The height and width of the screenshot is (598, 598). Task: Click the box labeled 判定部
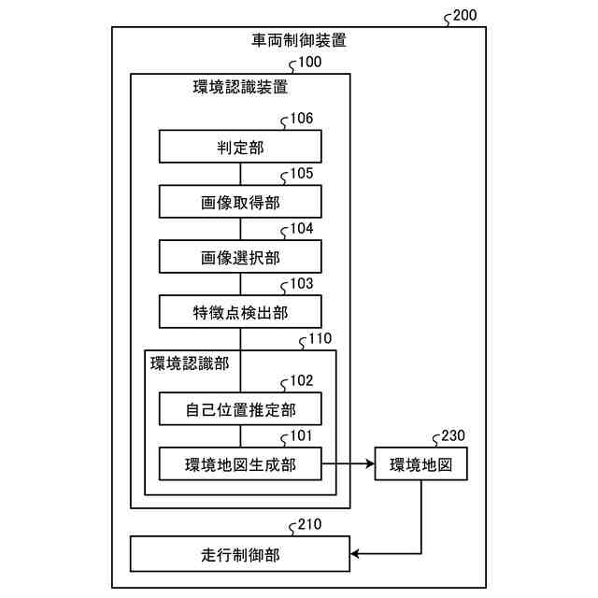click(x=240, y=147)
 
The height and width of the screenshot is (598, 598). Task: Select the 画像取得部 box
click(x=240, y=202)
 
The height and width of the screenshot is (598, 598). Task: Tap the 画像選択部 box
click(x=240, y=256)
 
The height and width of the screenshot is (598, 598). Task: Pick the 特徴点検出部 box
click(x=240, y=311)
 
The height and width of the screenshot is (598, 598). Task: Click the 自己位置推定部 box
click(x=240, y=408)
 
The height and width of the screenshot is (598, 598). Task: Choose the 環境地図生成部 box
click(x=240, y=463)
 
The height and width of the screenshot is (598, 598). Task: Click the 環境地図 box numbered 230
click(x=420, y=463)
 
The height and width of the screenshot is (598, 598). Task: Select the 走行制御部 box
click(x=240, y=554)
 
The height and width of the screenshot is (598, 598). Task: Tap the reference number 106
click(x=301, y=118)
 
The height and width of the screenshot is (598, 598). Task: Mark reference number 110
click(x=319, y=337)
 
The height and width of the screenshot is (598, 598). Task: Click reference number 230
click(x=452, y=434)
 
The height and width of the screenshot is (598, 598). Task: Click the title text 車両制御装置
click(x=299, y=41)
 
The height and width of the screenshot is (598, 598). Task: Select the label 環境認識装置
click(x=240, y=89)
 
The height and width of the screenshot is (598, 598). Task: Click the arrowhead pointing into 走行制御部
click(x=356, y=554)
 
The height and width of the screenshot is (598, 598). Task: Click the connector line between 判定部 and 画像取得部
click(x=240, y=175)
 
